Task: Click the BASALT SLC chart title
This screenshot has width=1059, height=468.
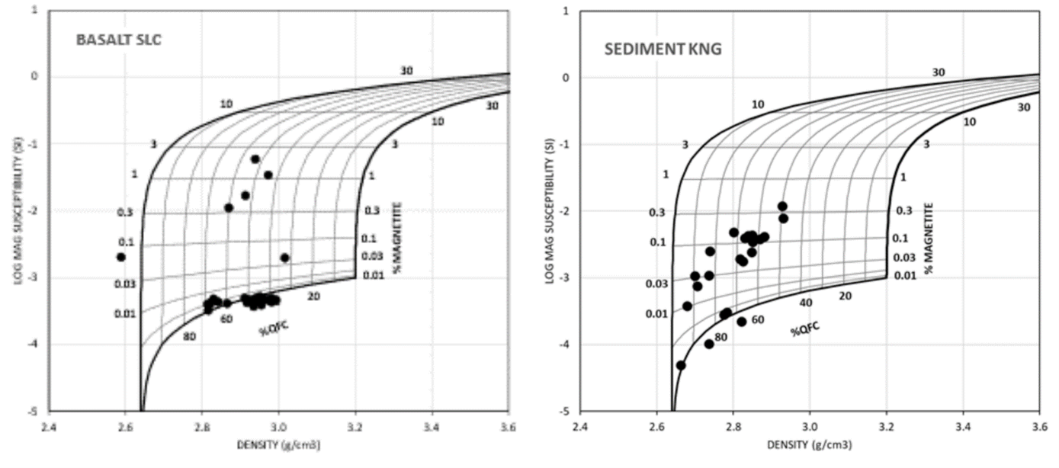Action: (x=118, y=40)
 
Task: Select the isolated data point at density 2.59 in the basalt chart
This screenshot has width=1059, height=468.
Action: (x=120, y=257)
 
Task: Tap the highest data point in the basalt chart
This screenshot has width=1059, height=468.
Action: (x=255, y=159)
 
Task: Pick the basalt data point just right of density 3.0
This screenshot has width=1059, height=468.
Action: (x=284, y=258)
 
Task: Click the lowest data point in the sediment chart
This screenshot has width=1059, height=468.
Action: (x=681, y=365)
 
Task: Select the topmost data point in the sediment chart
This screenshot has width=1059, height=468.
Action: (x=782, y=206)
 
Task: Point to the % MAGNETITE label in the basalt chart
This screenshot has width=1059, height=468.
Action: (x=398, y=237)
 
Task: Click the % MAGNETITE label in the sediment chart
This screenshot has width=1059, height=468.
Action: (x=928, y=237)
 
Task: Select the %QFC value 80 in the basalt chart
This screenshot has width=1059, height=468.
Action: (x=189, y=337)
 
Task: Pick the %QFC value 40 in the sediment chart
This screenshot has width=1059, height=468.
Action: (x=806, y=303)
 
